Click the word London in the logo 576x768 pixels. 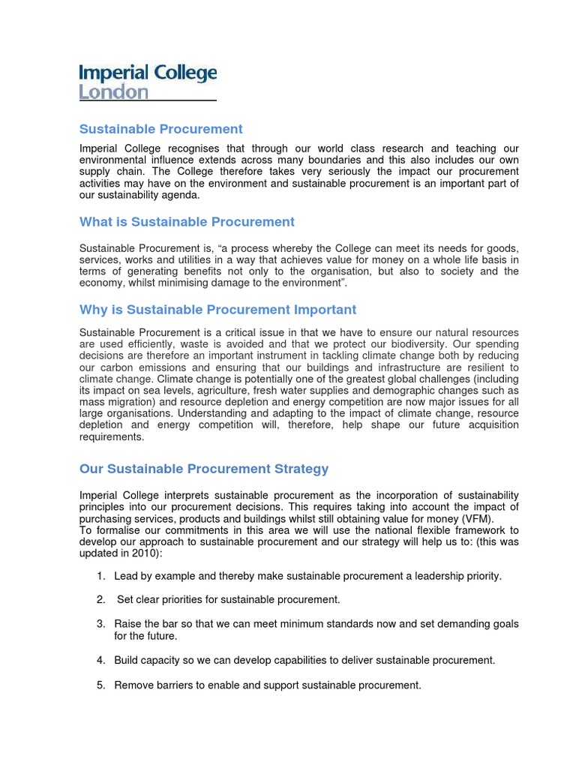click(114, 92)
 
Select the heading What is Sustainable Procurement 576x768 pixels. click(187, 222)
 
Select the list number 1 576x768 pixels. click(100, 576)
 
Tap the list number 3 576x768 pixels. click(100, 624)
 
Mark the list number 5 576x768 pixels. click(100, 685)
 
